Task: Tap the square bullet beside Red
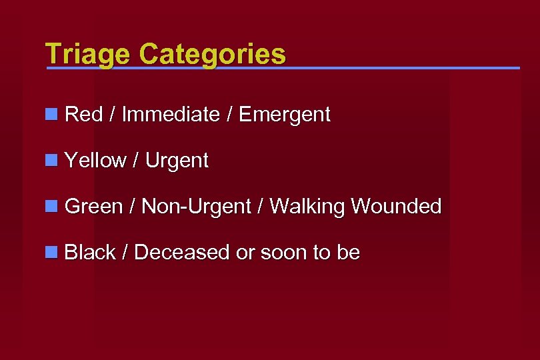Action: point(51,115)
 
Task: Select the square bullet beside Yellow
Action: point(51,161)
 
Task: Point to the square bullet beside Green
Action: point(51,207)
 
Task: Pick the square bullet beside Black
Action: point(51,253)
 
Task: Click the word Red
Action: point(84,115)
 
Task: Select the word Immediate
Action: point(171,115)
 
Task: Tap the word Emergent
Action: point(285,115)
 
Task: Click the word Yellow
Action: point(95,161)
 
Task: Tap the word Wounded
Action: point(397,207)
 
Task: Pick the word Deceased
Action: point(182,253)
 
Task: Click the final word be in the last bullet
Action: point(349,253)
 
